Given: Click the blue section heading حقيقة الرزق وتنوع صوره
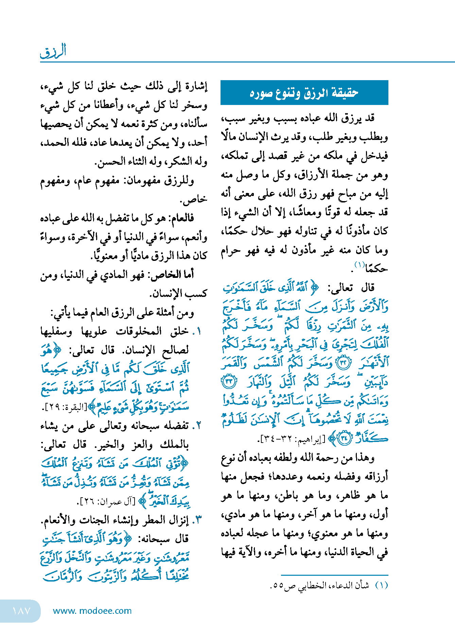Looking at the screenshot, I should pyautogui.click(x=304, y=93).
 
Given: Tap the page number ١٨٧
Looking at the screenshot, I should pyautogui.click(x=21, y=611).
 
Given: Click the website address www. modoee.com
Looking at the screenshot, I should pyautogui.click(x=92, y=611).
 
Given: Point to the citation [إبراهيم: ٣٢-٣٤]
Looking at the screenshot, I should pyautogui.click(x=292, y=439).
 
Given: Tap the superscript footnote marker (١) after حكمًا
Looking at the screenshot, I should pyautogui.click(x=359, y=264).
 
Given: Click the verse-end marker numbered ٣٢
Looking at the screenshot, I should pyautogui.click(x=343, y=363).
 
